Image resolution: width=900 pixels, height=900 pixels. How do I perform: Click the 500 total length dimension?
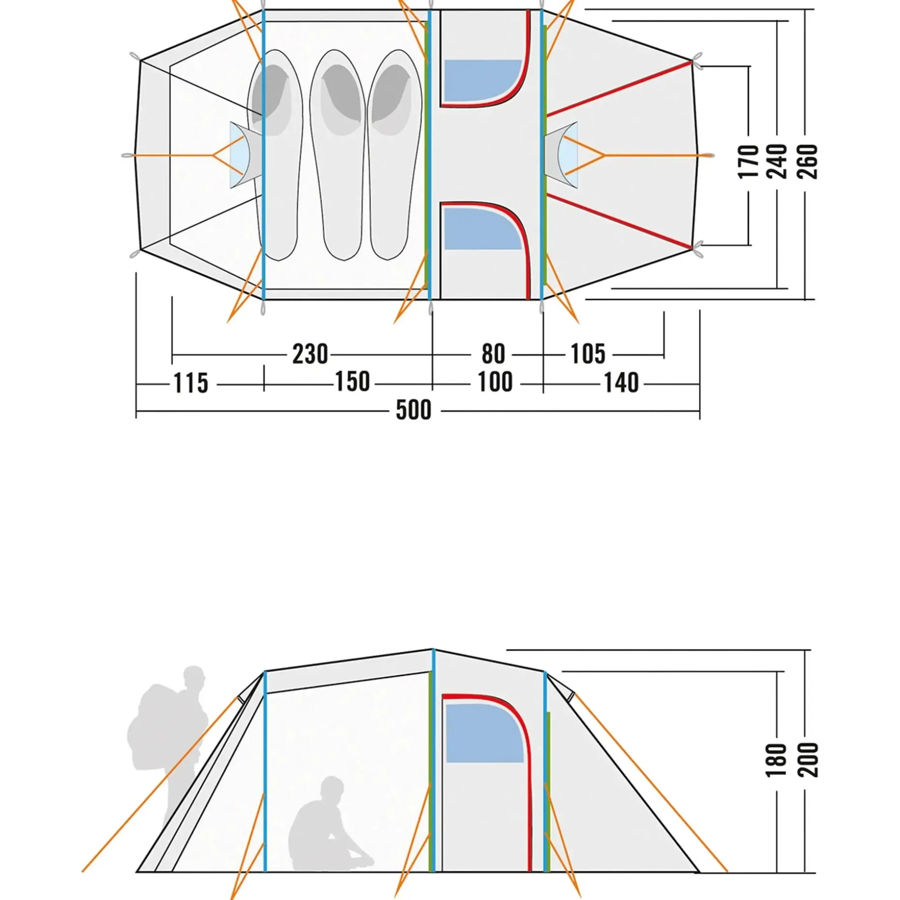pyautogui.click(x=413, y=410)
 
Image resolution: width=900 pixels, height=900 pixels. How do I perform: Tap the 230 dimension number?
pyautogui.click(x=310, y=354)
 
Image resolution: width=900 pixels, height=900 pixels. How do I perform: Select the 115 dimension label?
pyautogui.click(x=191, y=383)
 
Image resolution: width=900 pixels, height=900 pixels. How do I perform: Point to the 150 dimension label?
pyautogui.click(x=353, y=382)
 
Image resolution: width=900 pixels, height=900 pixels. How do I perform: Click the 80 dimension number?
pyautogui.click(x=493, y=354)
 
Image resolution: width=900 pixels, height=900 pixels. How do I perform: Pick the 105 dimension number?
pyautogui.click(x=588, y=354)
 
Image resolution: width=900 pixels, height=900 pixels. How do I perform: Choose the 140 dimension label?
pyautogui.click(x=621, y=383)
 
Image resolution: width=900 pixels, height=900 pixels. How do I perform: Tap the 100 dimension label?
pyautogui.click(x=495, y=382)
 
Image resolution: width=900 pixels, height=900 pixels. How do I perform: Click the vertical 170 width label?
pyautogui.click(x=749, y=162)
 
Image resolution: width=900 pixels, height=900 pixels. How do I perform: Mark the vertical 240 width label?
pyautogui.click(x=778, y=162)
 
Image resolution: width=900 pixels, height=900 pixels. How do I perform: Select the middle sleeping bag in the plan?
pyautogui.click(x=337, y=155)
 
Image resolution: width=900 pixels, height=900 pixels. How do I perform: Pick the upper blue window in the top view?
pyautogui.click(x=483, y=81)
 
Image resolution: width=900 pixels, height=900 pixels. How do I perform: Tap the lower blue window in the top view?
pyautogui.click(x=483, y=228)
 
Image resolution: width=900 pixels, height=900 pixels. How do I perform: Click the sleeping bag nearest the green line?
pyautogui.click(x=395, y=155)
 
